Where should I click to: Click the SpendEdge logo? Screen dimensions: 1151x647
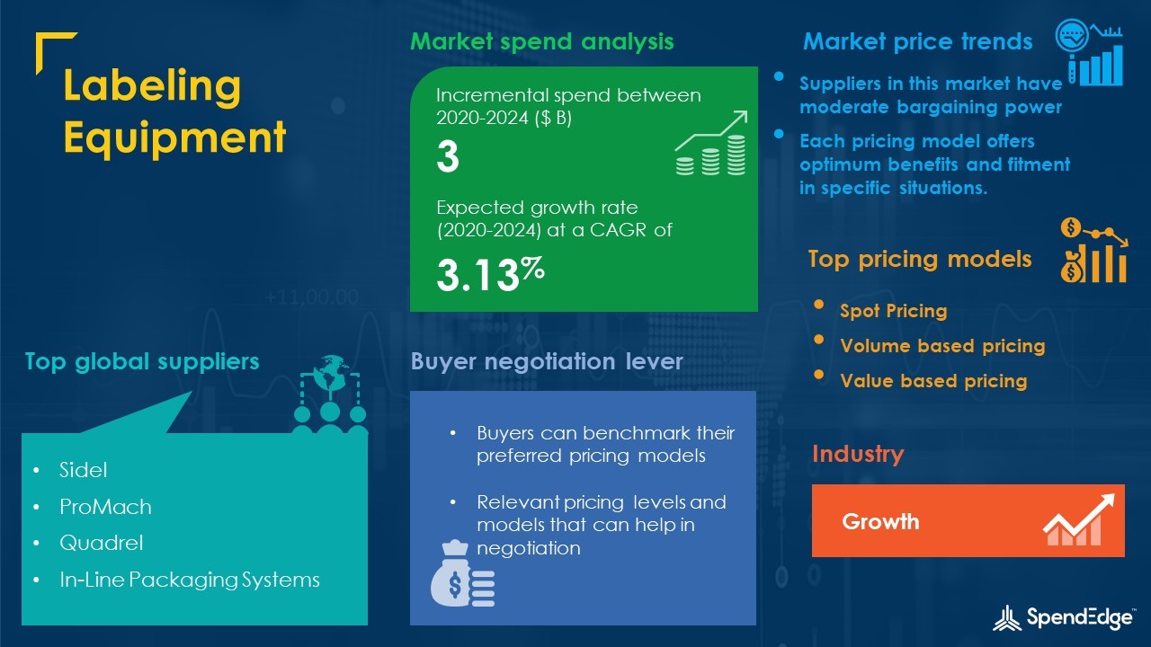(1064, 617)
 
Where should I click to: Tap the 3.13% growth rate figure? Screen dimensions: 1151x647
(490, 274)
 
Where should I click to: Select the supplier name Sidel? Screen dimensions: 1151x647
(84, 470)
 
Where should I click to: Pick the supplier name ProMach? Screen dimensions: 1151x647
(105, 507)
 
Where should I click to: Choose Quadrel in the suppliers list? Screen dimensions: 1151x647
(102, 543)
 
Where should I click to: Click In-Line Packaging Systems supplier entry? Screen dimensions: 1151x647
(190, 580)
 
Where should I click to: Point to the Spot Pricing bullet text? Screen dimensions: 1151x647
(894, 311)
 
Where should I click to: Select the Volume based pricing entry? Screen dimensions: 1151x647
(942, 346)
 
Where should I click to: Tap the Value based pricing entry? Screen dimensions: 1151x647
(933, 380)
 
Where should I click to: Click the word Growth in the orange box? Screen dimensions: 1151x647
(880, 522)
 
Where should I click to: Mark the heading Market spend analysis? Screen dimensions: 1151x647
(541, 41)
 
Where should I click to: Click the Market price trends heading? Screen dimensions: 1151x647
(918, 41)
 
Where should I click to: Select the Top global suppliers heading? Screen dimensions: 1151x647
(142, 361)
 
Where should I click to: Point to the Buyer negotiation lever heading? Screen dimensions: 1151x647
(547, 361)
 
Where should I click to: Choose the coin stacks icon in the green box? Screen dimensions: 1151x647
(711, 143)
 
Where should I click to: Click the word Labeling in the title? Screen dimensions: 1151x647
(152, 85)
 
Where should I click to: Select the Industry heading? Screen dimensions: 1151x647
(858, 454)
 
